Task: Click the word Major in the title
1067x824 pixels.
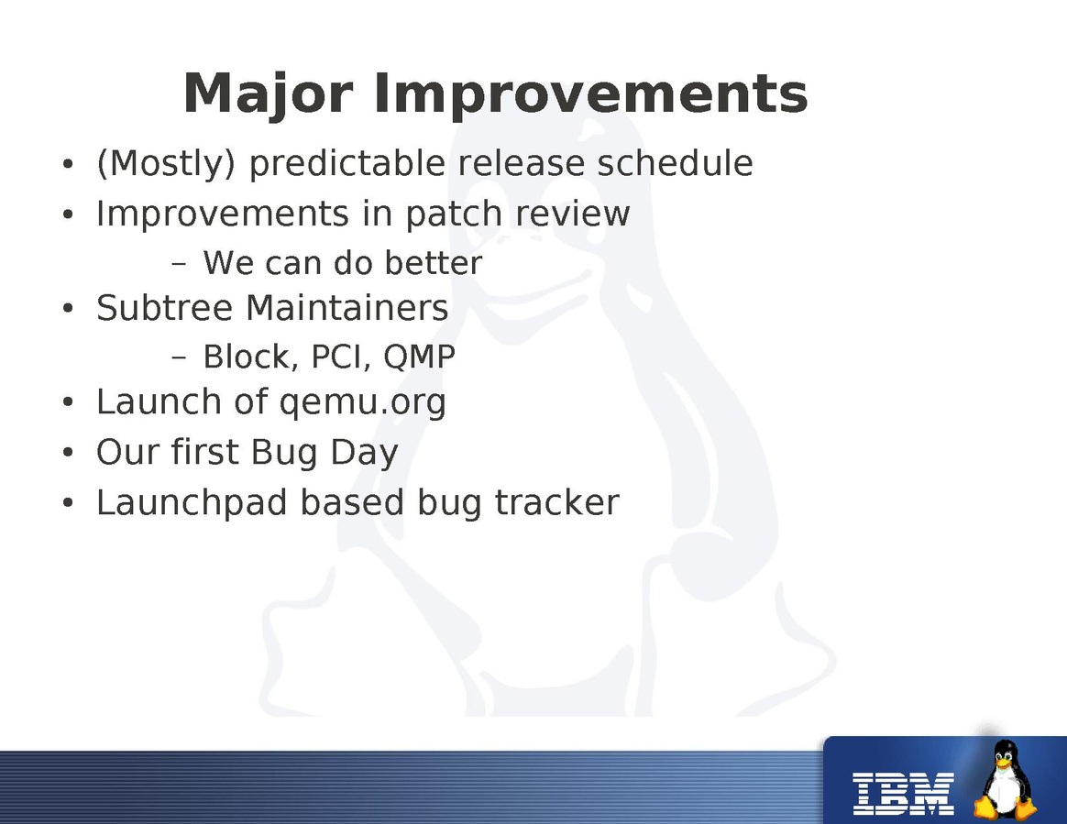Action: coord(268,94)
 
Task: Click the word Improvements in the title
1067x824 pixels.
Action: coord(590,93)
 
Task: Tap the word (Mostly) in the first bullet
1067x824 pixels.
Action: coord(166,163)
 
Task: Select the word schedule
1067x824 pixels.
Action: coord(675,162)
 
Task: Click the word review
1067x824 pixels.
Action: coord(572,214)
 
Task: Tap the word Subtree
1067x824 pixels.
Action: coord(164,308)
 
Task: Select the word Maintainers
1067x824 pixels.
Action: coord(347,308)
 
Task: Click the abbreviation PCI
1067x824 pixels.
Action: coord(340,357)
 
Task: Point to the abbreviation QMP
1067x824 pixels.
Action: coord(419,357)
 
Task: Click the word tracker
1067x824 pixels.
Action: coord(556,503)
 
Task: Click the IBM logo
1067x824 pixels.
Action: coord(904,794)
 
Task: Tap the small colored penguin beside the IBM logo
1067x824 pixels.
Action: coord(1005,780)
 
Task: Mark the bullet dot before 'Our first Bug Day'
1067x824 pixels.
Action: coord(67,453)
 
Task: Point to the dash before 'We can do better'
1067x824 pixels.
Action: coord(179,263)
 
